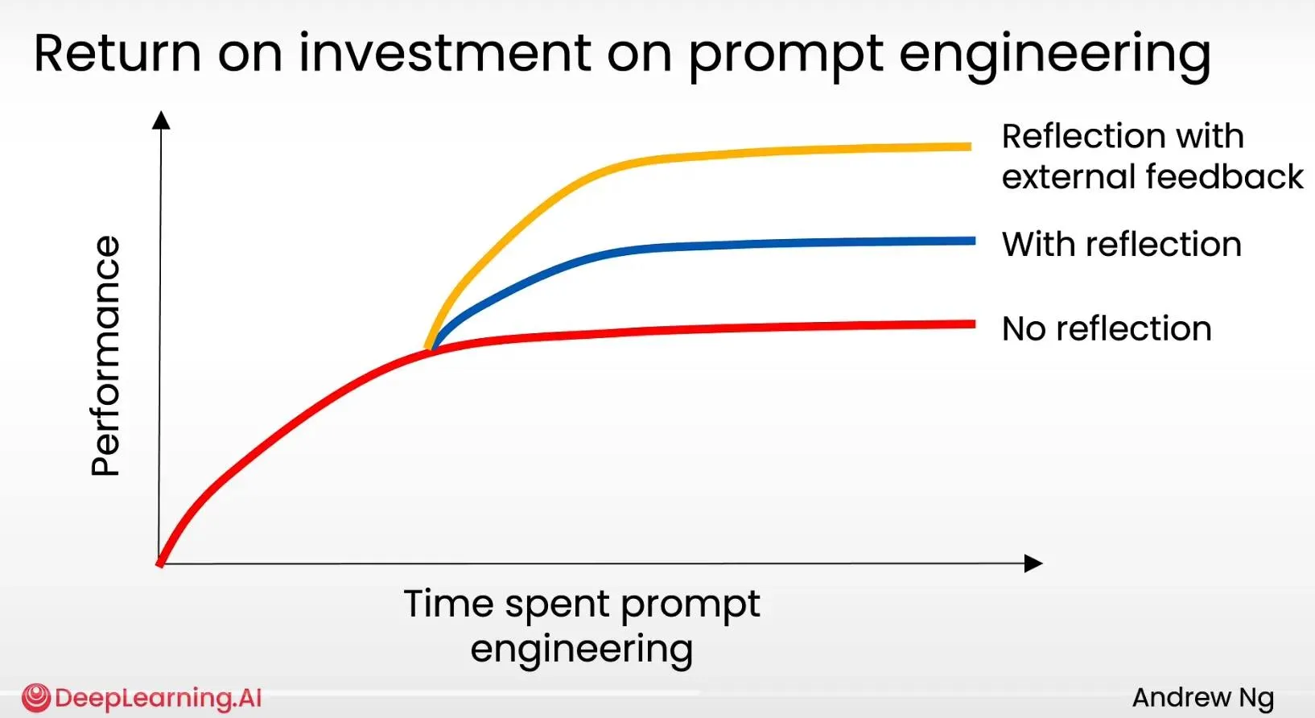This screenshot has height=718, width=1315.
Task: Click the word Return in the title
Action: pos(117,53)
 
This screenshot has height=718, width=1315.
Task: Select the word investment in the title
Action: pos(444,53)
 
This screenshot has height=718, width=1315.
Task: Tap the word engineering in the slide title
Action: pos(1055,56)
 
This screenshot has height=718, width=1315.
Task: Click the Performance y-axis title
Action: pos(105,356)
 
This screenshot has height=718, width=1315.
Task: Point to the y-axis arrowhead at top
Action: pos(161,120)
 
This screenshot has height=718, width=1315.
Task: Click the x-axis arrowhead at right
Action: pos(1033,563)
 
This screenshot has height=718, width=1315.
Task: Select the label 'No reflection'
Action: pos(1107,328)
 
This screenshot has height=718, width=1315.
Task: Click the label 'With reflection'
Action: pos(1122,244)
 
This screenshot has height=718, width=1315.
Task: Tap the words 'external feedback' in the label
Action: pos(1152,176)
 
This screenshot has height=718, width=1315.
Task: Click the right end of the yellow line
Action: pos(971,146)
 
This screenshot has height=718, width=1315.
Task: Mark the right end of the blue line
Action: pos(974,241)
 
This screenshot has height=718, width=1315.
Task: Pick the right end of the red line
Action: pos(974,324)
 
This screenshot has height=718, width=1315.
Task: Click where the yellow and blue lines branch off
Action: pos(430,349)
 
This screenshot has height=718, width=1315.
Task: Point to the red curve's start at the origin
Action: pos(159,563)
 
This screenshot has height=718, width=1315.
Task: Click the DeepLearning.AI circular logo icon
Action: pos(35,698)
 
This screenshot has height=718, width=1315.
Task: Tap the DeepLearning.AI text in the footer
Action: pos(158,698)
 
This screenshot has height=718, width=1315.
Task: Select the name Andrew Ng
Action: pos(1203,697)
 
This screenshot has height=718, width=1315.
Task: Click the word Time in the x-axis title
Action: pos(448,604)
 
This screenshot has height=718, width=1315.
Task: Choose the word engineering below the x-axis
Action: pos(582,650)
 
